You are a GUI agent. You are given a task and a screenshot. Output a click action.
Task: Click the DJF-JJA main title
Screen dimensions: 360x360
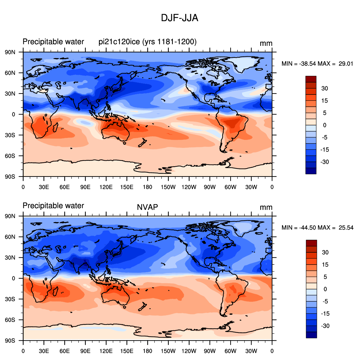tap(180, 18)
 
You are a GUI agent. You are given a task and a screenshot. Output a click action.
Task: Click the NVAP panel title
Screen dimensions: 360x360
tap(147, 207)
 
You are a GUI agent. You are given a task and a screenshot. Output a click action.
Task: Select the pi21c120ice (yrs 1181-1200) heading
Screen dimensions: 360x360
tap(148, 42)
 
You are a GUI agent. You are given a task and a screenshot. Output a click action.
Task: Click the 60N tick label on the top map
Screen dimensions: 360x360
tap(10, 73)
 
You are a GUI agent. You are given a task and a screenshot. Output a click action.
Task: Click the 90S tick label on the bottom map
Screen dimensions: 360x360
tap(10, 340)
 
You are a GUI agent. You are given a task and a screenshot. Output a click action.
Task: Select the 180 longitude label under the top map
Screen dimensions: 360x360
tap(147, 187)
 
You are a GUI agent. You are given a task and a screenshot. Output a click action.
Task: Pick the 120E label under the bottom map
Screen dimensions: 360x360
tap(106, 351)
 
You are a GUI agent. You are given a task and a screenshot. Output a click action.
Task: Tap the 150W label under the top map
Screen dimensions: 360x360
tap(168, 187)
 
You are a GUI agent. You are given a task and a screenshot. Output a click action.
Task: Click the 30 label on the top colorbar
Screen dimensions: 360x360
tap(325, 88)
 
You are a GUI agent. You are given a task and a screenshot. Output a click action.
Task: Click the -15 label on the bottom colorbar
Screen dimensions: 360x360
tap(325, 314)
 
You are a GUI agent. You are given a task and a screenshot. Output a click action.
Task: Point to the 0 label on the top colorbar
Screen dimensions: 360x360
tap(325, 125)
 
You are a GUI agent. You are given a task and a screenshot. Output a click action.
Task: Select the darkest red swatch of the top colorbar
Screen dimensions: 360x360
tap(311, 79)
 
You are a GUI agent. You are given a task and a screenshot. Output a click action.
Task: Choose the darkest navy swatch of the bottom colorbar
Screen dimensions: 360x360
tap(311, 335)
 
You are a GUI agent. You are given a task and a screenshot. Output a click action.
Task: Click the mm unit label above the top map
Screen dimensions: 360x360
tap(266, 43)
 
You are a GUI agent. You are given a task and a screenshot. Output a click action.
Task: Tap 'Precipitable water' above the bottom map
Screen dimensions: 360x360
tap(53, 206)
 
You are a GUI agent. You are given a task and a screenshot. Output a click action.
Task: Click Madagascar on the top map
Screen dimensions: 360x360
tap(55, 127)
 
